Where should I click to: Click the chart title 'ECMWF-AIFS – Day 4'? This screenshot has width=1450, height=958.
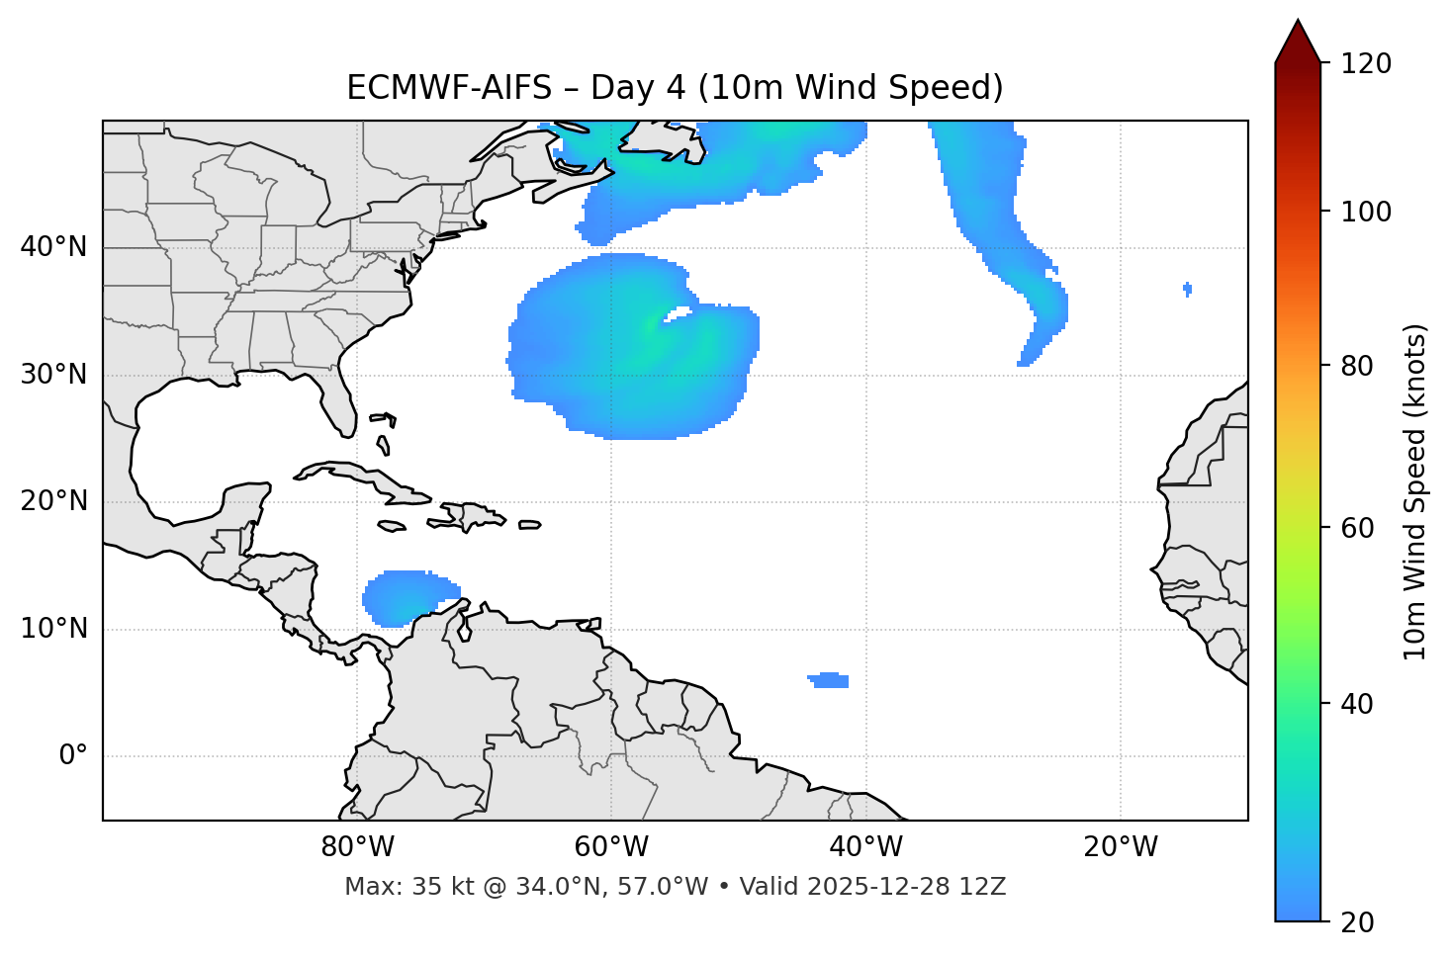675,88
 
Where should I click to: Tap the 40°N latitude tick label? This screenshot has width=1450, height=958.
53,247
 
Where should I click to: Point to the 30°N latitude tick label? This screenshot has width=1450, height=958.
53,375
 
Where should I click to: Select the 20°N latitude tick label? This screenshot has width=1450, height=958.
53,501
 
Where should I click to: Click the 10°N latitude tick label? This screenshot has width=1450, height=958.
53,629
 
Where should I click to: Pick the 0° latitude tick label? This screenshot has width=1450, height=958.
73,756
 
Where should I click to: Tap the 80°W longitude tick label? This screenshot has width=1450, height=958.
357,847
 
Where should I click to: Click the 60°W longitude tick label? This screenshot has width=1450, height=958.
611,847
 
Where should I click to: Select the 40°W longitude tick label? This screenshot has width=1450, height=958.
865,847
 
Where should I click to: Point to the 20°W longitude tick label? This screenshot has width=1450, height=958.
1120,847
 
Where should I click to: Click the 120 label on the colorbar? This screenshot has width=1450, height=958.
1366,64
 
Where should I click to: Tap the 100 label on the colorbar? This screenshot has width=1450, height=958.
1366,212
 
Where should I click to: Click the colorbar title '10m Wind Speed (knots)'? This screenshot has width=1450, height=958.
1415,491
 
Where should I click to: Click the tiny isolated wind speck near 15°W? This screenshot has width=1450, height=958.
1187,289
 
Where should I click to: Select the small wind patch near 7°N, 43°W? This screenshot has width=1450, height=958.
830,680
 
